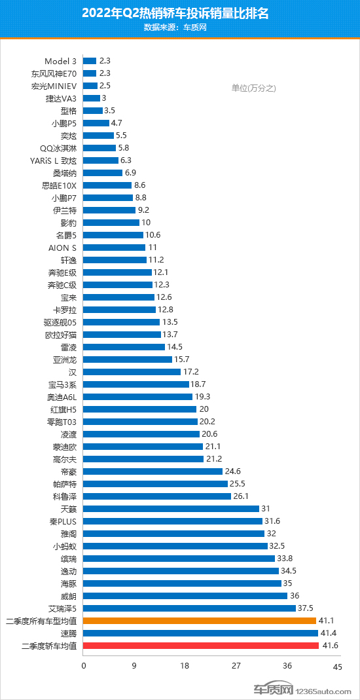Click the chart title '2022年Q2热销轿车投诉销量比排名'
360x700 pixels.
(x=179, y=13)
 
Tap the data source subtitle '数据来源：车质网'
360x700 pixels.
(x=179, y=28)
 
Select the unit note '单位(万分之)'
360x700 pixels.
(x=254, y=88)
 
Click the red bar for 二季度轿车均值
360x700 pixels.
(x=201, y=646)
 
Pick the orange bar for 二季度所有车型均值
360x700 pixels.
(x=200, y=621)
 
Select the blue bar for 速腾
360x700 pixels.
(x=200, y=633)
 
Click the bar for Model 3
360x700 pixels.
(x=90, y=60)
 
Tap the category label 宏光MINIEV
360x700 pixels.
(x=54, y=85)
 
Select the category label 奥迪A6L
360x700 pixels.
(x=60, y=397)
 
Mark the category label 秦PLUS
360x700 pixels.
(x=63, y=521)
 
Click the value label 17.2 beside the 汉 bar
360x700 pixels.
(x=192, y=372)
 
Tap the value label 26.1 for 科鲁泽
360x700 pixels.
(x=242, y=496)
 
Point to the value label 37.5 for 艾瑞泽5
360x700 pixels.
(x=306, y=608)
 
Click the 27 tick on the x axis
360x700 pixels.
(x=236, y=667)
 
